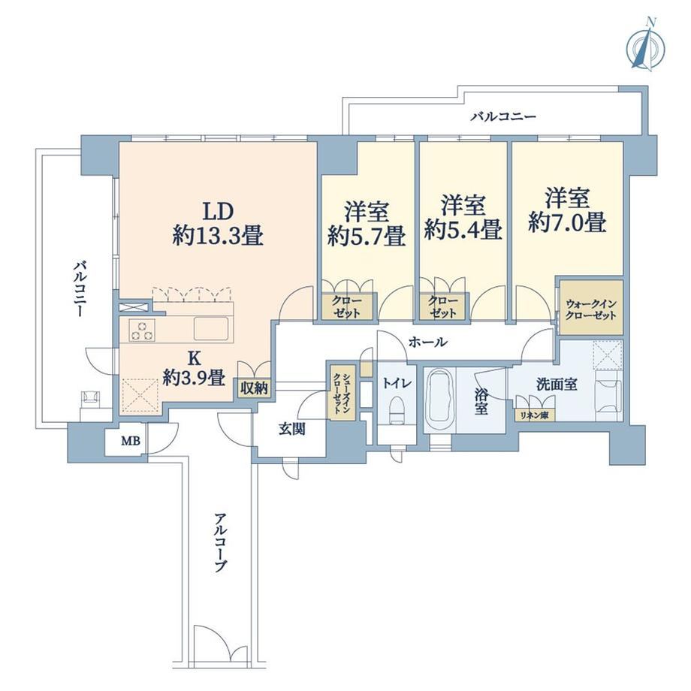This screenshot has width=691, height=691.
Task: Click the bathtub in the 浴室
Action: (439, 400)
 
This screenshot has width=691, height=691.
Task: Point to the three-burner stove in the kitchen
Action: (142, 330)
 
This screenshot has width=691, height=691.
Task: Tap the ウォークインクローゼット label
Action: (591, 309)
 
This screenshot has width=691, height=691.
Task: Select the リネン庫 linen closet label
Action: (533, 415)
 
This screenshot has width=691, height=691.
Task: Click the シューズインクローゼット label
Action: (342, 393)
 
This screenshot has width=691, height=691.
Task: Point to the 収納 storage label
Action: (255, 388)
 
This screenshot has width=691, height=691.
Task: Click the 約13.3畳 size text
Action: (218, 235)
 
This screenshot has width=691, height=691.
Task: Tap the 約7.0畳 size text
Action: (567, 222)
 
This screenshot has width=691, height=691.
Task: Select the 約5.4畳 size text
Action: (463, 229)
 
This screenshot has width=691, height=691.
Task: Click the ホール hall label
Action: (428, 342)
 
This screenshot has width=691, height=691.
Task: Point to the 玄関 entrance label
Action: (291, 428)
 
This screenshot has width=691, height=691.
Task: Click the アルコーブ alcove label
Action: (221, 542)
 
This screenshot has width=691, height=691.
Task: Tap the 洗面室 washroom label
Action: (557, 385)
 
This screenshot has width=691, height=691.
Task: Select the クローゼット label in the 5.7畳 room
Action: (346, 306)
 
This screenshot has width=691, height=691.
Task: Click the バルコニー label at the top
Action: (503, 116)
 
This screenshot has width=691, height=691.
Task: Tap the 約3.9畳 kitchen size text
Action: (195, 377)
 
